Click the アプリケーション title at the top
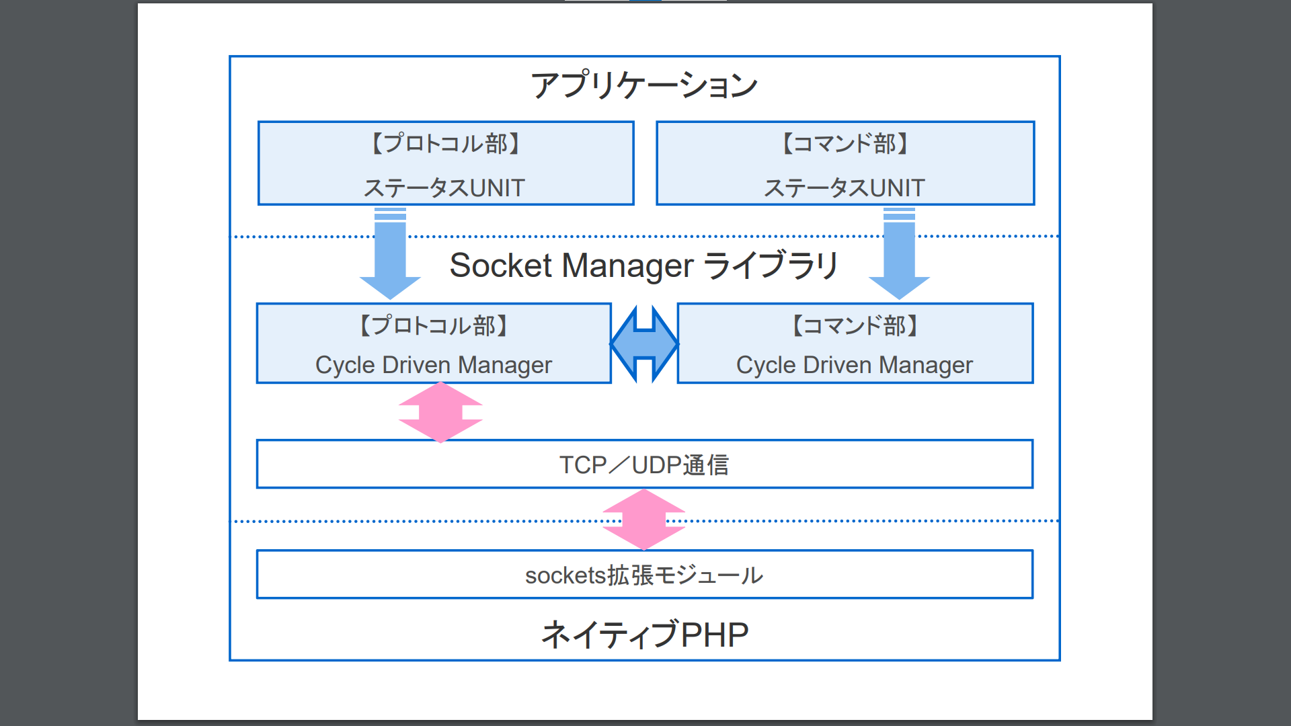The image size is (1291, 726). click(644, 85)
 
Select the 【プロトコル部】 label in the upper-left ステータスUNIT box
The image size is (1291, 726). click(445, 143)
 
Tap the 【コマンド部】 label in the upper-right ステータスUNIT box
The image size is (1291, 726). click(845, 143)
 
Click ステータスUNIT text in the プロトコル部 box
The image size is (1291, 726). click(444, 188)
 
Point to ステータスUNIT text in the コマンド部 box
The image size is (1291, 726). click(845, 188)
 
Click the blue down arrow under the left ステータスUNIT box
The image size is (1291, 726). click(390, 259)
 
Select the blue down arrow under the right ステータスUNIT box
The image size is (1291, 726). click(899, 259)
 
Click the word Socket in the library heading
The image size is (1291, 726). click(500, 266)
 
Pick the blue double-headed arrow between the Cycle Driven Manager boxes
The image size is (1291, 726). click(644, 344)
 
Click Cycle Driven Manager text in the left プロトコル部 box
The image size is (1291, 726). click(434, 365)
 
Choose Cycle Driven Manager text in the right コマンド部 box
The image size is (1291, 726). click(854, 365)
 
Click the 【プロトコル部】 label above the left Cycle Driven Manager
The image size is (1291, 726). click(434, 326)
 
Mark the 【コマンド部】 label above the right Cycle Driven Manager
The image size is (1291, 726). click(854, 326)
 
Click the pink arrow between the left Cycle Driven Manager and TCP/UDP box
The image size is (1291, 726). click(440, 412)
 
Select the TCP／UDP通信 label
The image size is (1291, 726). click(644, 465)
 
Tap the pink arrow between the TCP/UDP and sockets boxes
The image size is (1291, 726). click(644, 520)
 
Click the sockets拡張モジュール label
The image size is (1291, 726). click(644, 575)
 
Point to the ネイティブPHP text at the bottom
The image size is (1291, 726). click(644, 635)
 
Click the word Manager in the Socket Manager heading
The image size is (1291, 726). click(627, 266)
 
